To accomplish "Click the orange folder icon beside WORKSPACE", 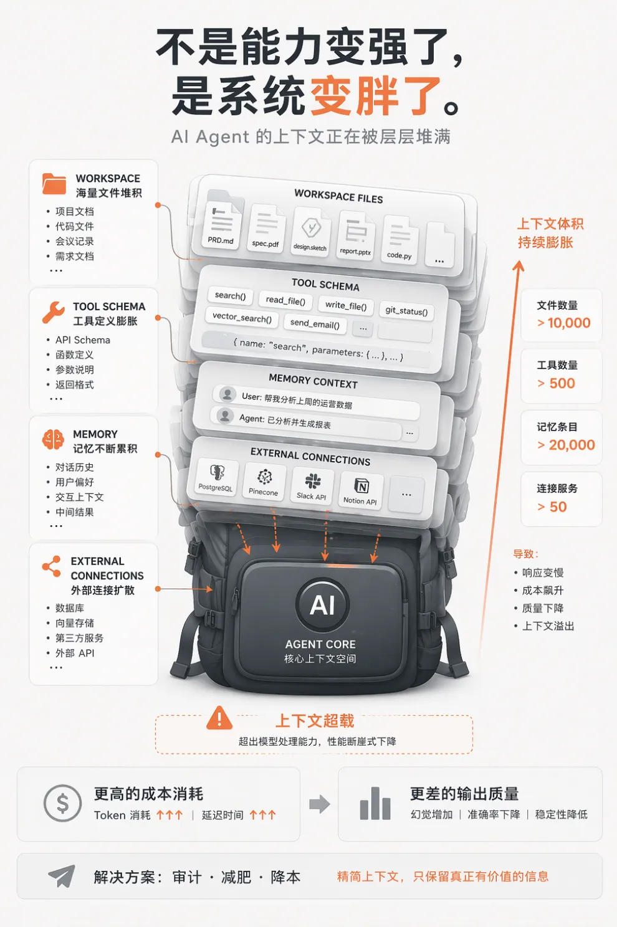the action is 54,184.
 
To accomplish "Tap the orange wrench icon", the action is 54,312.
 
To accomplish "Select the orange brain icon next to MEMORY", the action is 53,439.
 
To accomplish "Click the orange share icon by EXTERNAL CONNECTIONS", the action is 51,566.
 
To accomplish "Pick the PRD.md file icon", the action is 221,226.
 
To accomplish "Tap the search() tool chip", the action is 230,295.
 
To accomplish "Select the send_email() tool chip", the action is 315,323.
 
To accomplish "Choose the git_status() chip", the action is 406,310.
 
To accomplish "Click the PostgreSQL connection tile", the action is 216,477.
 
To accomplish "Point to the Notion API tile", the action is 360,490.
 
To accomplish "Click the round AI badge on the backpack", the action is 322,606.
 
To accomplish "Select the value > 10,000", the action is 563,323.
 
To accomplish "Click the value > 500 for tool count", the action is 556,383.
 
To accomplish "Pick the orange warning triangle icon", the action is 219,718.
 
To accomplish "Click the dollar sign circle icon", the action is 62,803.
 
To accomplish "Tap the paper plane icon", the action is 62,876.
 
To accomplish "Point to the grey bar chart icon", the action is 375,803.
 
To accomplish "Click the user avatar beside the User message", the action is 227,394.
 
